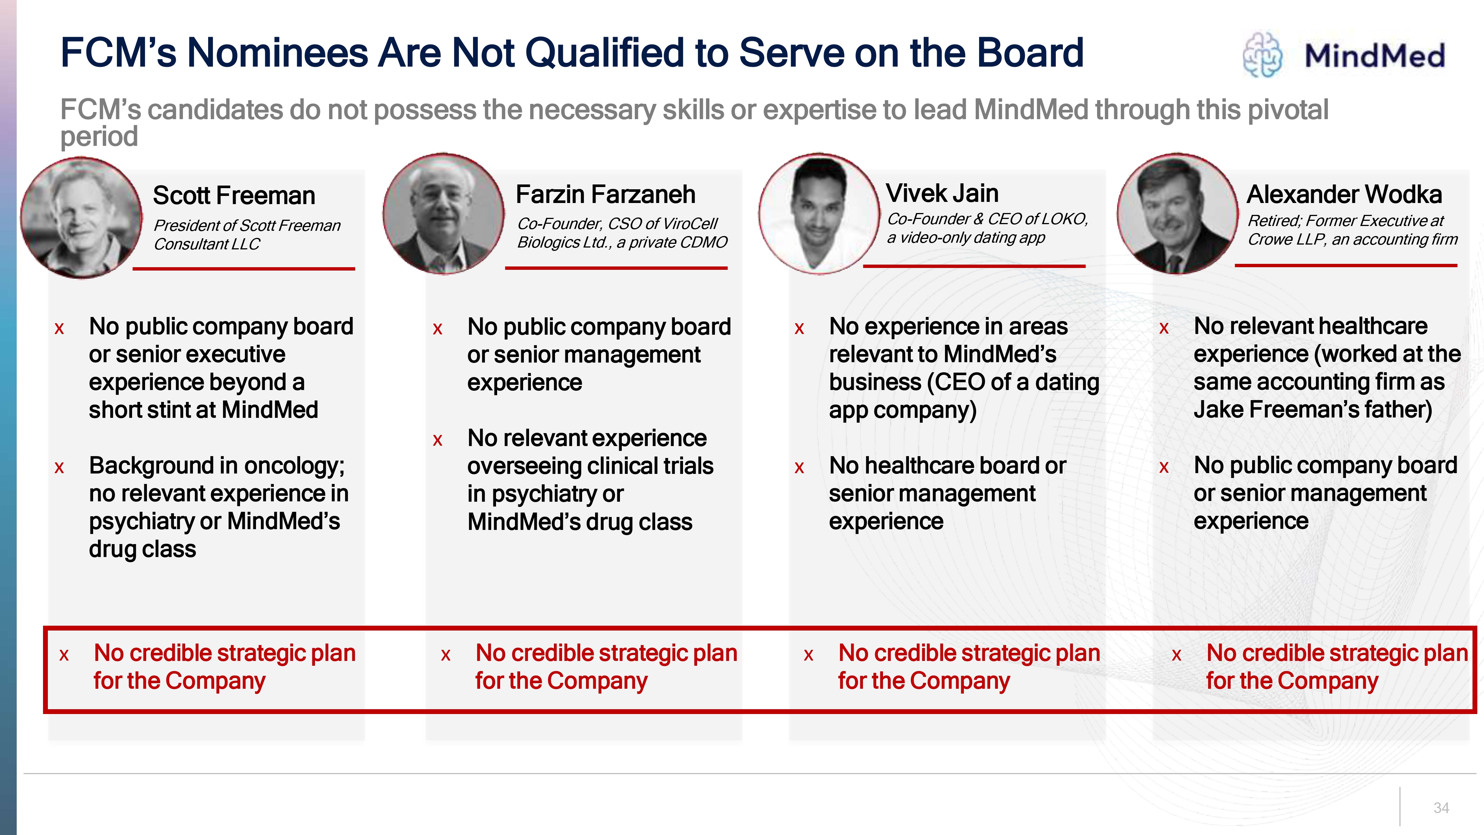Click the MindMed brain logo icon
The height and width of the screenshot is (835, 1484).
1262,55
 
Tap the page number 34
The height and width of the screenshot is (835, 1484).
1441,808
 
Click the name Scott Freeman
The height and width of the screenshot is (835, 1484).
234,195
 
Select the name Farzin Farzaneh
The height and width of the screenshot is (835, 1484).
605,194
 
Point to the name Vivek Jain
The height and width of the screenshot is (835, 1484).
942,193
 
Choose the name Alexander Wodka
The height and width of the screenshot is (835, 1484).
1344,194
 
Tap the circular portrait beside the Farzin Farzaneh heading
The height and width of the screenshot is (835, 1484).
444,214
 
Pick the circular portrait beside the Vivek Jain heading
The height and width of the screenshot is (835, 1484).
819,214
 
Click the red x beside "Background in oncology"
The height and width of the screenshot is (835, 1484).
59,467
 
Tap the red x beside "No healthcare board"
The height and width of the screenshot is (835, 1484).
799,467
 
